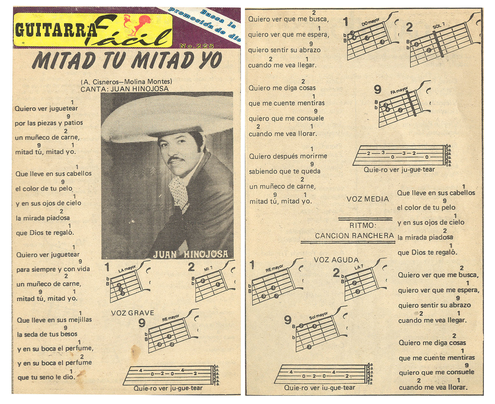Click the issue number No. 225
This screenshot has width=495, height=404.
click(196, 46)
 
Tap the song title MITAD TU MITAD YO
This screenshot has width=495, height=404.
click(126, 60)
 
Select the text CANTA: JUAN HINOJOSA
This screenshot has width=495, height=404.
click(124, 89)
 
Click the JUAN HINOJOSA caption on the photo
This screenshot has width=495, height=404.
click(190, 254)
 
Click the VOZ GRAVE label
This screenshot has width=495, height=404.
click(133, 313)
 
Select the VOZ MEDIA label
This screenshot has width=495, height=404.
click(368, 199)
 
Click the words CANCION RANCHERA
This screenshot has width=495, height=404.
click(354, 236)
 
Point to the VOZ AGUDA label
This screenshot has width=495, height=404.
click(336, 260)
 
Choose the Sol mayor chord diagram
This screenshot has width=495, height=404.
click(319, 333)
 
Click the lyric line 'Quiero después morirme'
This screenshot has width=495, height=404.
click(288, 156)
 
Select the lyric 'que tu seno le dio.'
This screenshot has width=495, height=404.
click(46, 377)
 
